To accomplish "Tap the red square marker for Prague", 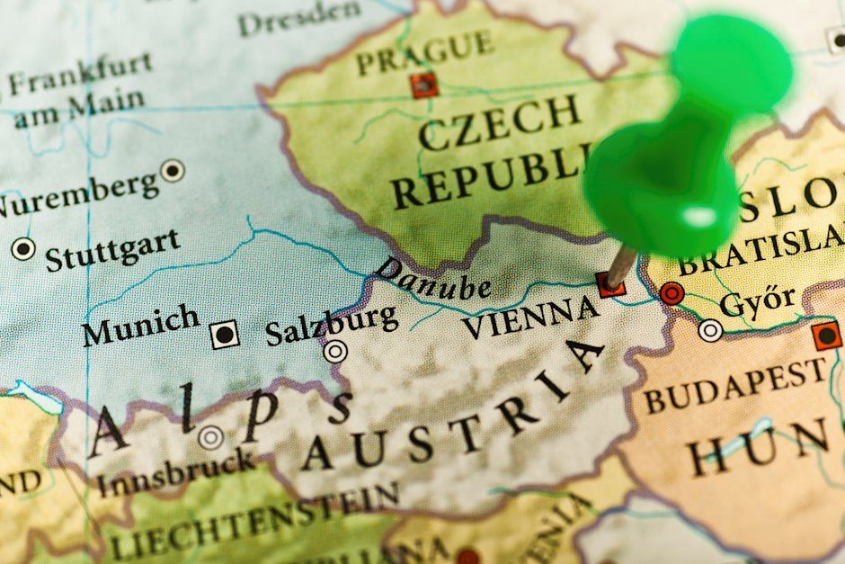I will point(423,85).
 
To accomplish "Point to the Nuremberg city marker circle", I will point(172,170).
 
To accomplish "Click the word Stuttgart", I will point(112,249).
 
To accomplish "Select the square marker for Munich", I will point(225,335).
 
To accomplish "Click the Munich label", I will point(141,325).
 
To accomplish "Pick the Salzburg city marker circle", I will point(336,352).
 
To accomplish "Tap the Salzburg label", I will point(331,325).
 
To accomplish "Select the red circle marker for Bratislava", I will point(672,293).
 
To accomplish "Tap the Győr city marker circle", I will point(710,331).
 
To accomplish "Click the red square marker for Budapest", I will point(825,336).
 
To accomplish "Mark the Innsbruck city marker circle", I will point(211,438).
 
